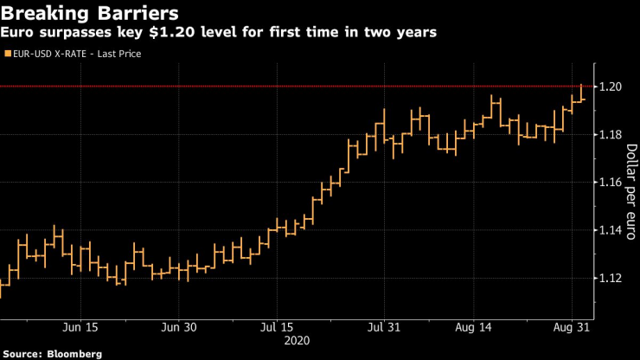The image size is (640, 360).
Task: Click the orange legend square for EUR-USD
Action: [x=8, y=54]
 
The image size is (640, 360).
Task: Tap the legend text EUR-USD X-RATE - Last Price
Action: [x=77, y=54]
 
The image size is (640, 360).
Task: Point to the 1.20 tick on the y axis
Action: [x=612, y=87]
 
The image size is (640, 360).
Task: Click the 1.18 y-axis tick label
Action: [x=612, y=135]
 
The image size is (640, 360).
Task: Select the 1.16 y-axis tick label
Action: [x=612, y=183]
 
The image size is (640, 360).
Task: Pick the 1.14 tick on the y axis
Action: [x=612, y=230]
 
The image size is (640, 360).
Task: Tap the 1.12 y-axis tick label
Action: [x=612, y=278]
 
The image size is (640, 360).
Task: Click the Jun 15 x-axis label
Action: [x=80, y=327]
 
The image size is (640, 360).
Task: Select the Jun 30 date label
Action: [x=178, y=327]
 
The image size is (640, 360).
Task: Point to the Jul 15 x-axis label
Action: [x=276, y=327]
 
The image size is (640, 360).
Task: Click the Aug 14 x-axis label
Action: [x=475, y=327]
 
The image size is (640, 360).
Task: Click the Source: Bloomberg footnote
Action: [x=52, y=354]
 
